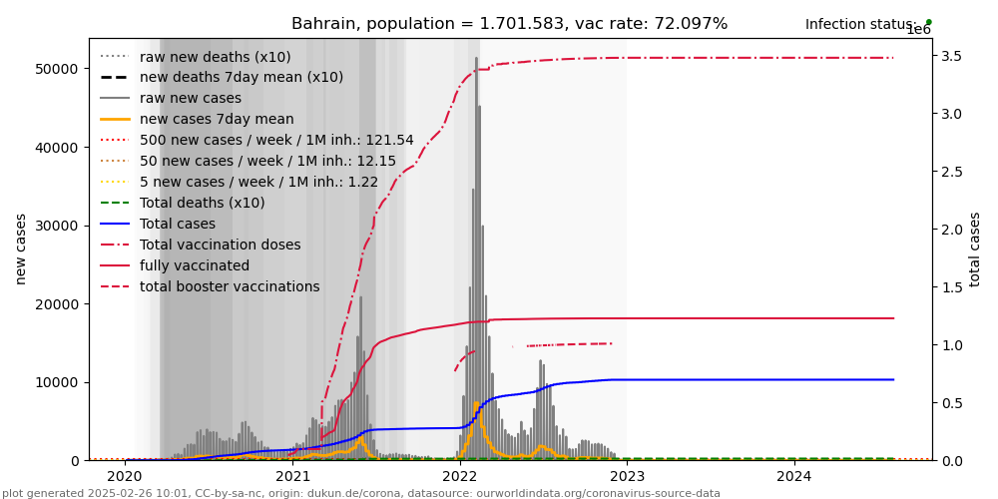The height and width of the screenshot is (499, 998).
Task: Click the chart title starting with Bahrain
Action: pos(509,24)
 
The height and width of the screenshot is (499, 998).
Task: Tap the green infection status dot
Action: pos(928,21)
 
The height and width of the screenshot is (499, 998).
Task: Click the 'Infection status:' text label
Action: pos(861,24)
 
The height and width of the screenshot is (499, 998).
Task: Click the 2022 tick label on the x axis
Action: pos(460,478)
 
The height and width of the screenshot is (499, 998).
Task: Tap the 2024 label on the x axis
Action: pos(794,478)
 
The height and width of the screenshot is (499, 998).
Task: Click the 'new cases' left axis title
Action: pos(21,249)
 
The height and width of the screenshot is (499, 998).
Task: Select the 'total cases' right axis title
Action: pos(975,249)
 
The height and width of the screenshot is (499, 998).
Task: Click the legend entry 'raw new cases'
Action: pos(190,98)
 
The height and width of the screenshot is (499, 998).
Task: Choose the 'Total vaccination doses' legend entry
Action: pos(220,245)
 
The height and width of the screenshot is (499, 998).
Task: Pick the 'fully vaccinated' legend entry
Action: pos(195,265)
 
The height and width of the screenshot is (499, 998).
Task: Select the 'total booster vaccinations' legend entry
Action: pos(230,286)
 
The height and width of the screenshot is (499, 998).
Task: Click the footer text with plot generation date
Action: pos(360,493)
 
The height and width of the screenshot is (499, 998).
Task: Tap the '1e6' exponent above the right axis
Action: pos(918,31)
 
